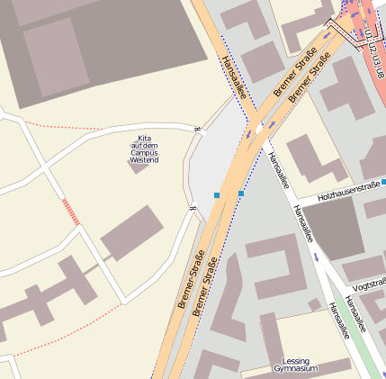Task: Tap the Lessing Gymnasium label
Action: tap(295, 365)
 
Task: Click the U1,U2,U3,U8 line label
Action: tap(373, 44)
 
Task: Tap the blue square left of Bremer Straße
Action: tap(217, 195)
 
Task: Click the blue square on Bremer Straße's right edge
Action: tap(241, 193)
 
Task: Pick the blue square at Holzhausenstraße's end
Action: tap(383, 182)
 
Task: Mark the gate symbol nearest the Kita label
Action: tap(196, 130)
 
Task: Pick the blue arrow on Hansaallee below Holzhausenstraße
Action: tap(316, 257)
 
